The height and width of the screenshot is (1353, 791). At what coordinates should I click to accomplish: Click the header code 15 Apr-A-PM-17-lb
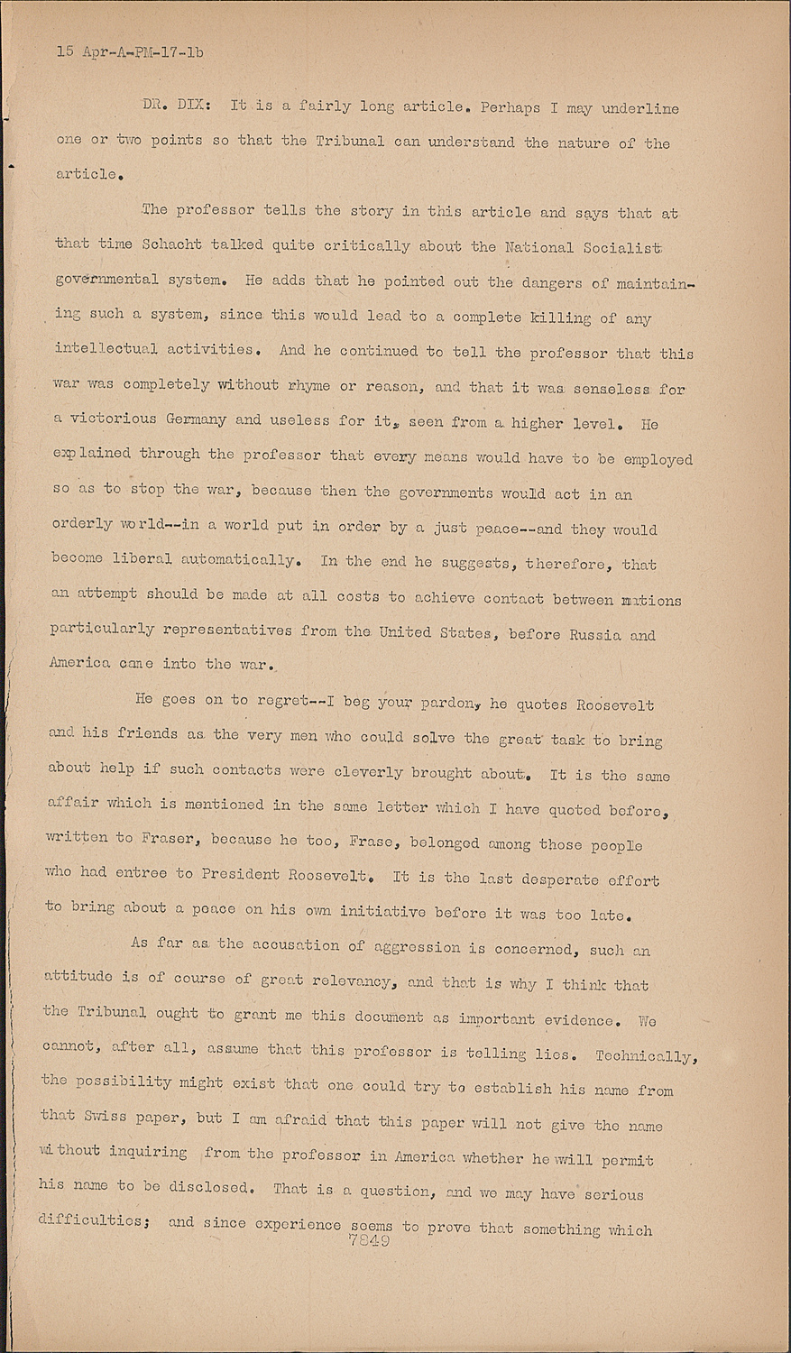(x=130, y=51)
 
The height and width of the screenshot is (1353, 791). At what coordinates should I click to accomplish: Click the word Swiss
(x=107, y=1117)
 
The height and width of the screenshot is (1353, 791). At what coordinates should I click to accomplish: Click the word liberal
(x=143, y=558)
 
